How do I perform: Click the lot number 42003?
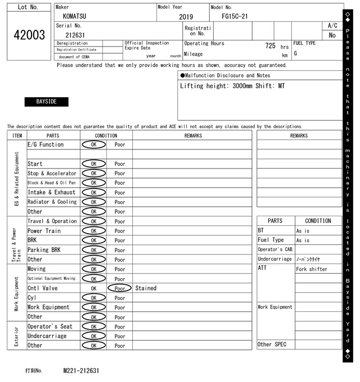[x=29, y=35]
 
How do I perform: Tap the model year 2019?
[x=186, y=17]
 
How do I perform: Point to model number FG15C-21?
[x=235, y=16]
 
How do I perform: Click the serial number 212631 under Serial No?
[x=75, y=35]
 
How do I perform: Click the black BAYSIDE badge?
[x=47, y=102]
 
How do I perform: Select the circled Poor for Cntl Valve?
[x=119, y=288]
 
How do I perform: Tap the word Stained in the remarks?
[x=146, y=288]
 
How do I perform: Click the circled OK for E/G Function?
[x=93, y=144]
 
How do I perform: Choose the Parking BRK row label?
[x=44, y=250]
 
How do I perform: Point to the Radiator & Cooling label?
[x=52, y=202]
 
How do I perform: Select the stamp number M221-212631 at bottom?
[x=81, y=371]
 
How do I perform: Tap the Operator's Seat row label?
[x=50, y=326]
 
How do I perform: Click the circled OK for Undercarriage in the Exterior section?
[x=93, y=336]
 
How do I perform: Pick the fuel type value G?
[x=295, y=53]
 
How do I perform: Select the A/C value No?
[x=332, y=35]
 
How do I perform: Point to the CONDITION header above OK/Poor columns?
[x=106, y=135]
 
